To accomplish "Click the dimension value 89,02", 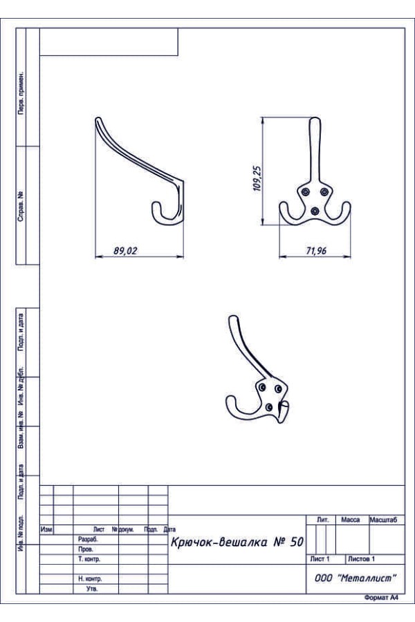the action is pos(125,251).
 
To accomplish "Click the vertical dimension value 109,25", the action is pos(257,178).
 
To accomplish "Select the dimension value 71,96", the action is pos(316,251).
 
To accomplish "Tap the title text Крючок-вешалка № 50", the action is pos(237,542).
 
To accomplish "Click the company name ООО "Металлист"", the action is pos(356,578).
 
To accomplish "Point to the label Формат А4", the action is pos(381,598).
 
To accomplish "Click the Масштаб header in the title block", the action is pos(383,520).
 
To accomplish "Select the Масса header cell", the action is pos(350,520).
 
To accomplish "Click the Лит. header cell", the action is pos(322,520).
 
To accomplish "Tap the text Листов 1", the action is pos(361,559).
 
